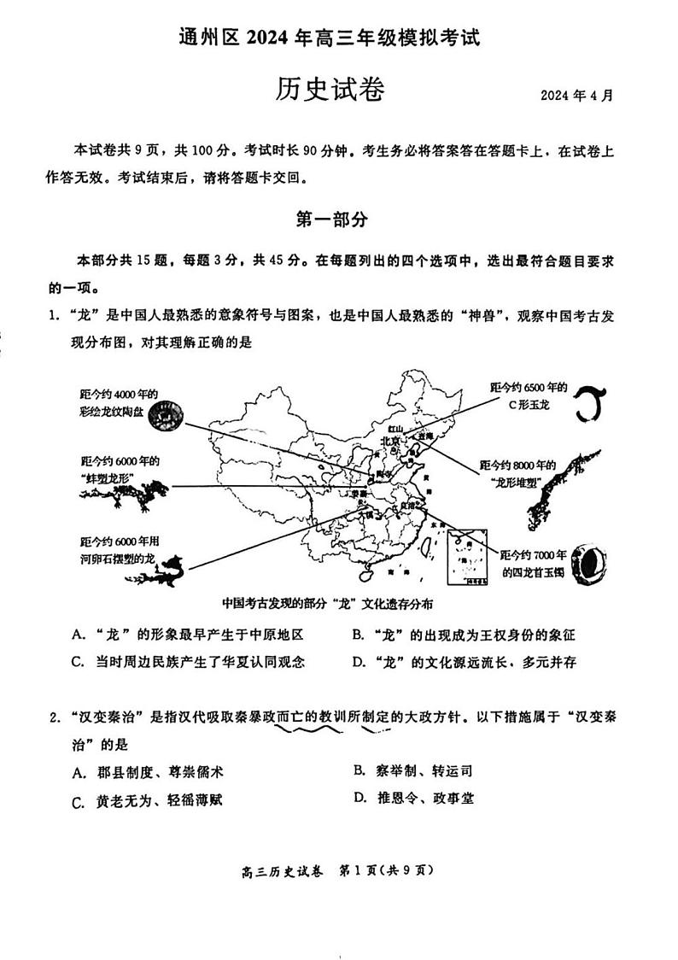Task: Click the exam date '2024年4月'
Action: click(576, 95)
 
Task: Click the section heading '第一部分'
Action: click(331, 220)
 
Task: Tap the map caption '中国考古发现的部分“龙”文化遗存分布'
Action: click(327, 604)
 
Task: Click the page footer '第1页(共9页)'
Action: click(388, 871)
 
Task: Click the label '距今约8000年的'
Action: click(518, 465)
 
